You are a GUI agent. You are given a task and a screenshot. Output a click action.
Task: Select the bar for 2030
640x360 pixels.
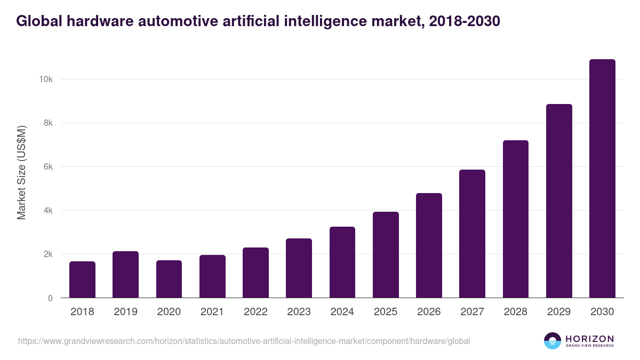[602, 179]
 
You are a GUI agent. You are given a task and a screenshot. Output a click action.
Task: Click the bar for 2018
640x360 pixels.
[82, 279]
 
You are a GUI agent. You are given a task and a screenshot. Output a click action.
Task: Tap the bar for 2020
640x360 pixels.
[169, 279]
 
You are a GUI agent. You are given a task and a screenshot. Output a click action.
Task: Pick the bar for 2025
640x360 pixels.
[386, 255]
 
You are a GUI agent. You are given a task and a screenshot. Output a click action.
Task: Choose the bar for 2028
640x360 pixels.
[516, 219]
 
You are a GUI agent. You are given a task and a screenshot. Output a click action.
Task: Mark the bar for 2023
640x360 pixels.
[299, 268]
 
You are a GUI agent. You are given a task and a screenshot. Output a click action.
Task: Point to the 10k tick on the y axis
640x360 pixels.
[45, 79]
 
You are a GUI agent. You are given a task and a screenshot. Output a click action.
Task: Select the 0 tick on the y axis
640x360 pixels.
[50, 298]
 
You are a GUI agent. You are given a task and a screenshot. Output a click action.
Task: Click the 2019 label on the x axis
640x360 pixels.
[125, 312]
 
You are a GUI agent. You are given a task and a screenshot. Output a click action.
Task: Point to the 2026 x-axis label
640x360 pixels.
[429, 312]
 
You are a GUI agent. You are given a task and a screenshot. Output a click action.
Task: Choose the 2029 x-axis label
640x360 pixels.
[559, 312]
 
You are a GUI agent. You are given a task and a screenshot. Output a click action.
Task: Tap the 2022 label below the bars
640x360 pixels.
[255, 312]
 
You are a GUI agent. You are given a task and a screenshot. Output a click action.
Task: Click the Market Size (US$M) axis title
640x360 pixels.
[21, 172]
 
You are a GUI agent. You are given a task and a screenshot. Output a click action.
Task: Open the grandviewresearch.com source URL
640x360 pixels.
[244, 341]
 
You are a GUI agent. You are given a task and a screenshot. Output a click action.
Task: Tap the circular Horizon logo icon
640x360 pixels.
[553, 341]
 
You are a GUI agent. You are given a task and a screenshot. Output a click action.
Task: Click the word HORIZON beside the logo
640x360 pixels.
[589, 339]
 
